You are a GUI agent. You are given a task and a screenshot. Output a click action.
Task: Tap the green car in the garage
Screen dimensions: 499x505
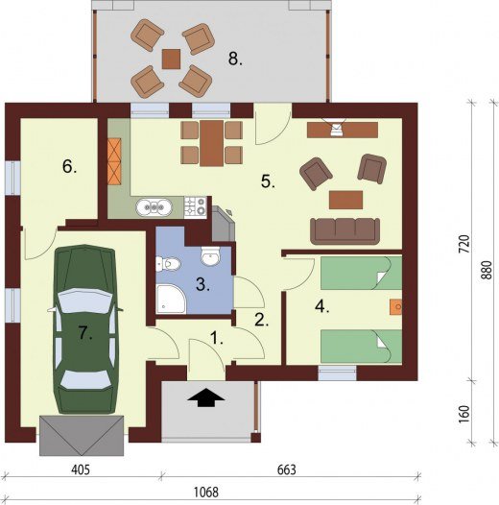pyautogui.click(x=85, y=329)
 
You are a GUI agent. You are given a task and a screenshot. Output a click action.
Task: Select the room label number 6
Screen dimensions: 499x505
pyautogui.click(x=69, y=167)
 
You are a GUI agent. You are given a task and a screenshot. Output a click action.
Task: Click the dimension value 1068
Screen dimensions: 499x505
pyautogui.click(x=206, y=492)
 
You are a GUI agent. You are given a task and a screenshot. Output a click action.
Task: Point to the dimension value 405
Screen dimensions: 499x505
pyautogui.click(x=81, y=469)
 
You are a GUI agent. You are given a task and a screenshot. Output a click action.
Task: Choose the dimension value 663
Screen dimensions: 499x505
pyautogui.click(x=287, y=469)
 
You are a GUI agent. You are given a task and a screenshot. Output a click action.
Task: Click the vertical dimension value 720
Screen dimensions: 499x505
pyautogui.click(x=464, y=244)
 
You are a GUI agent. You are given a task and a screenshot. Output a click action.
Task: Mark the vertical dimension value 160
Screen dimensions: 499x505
pyautogui.click(x=464, y=415)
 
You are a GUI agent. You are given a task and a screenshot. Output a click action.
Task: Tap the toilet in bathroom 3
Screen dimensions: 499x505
pyautogui.click(x=168, y=264)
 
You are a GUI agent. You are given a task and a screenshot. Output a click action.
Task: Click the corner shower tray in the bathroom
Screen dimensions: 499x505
pyautogui.click(x=171, y=299)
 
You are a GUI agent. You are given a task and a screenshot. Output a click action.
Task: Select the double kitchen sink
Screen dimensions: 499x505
pyautogui.click(x=154, y=207)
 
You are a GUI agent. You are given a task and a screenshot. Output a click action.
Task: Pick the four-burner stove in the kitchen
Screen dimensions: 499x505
pyautogui.click(x=196, y=207)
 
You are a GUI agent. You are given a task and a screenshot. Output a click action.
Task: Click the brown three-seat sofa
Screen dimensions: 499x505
pyautogui.click(x=345, y=231)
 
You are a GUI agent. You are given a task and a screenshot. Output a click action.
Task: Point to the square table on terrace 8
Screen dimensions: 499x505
pyautogui.click(x=171, y=59)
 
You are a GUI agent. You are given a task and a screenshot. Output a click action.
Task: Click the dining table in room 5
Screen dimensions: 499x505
pyautogui.click(x=211, y=143)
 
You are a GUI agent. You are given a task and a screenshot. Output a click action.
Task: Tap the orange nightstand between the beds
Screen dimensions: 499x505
pyautogui.click(x=395, y=306)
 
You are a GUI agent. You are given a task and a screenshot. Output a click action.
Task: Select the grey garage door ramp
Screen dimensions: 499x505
pyautogui.click(x=82, y=435)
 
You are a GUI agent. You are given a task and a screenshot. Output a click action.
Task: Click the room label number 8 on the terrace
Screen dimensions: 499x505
pyautogui.click(x=235, y=60)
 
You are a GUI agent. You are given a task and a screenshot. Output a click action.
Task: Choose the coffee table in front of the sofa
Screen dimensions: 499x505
pyautogui.click(x=345, y=200)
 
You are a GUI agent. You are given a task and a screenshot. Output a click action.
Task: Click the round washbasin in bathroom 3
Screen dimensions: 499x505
pyautogui.click(x=210, y=256)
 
